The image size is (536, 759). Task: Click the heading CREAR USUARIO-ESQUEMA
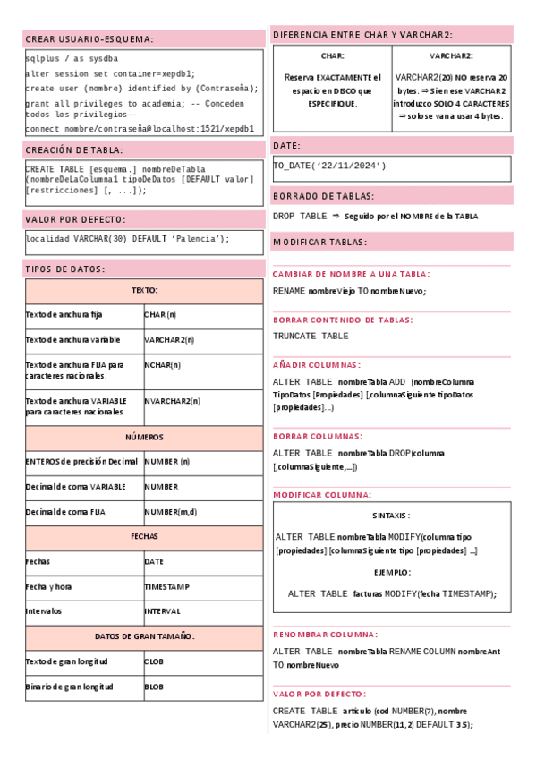point(89,39)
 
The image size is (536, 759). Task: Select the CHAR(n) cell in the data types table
point(160,315)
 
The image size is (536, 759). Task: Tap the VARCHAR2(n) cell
point(169,340)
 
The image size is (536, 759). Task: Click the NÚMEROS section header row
point(144,438)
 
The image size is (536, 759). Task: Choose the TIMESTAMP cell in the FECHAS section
point(167,586)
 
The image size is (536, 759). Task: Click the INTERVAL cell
point(162,611)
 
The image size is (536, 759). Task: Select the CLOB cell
point(154,661)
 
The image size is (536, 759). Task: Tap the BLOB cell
point(154,687)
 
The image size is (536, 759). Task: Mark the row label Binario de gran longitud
point(69,687)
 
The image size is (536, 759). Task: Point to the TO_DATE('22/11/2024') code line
point(329,166)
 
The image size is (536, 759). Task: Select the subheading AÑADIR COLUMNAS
point(317,365)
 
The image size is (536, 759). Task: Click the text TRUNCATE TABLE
point(311,336)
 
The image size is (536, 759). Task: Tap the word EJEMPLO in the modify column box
point(392,572)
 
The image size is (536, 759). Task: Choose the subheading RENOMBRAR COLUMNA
point(325,635)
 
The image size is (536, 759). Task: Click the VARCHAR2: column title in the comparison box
point(451,55)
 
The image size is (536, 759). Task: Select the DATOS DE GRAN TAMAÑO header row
point(144,636)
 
